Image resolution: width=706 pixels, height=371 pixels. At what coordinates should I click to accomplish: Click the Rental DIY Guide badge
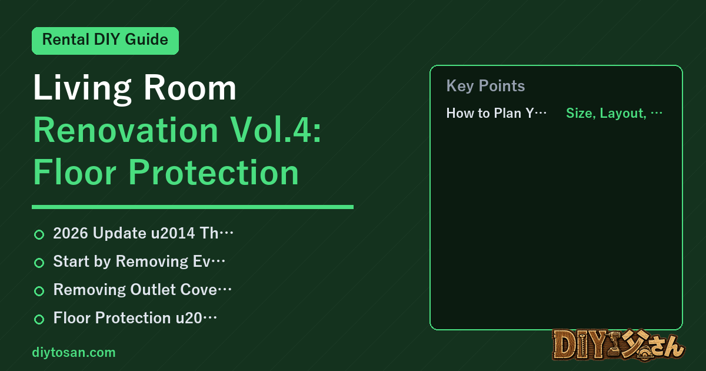[x=105, y=41]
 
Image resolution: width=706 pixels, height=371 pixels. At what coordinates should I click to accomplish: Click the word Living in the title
[x=82, y=88]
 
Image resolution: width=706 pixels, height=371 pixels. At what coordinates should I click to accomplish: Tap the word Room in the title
[x=189, y=88]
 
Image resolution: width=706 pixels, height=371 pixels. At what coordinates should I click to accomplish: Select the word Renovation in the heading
[x=126, y=130]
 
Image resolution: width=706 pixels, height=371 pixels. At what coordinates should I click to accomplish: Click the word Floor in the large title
[x=75, y=172]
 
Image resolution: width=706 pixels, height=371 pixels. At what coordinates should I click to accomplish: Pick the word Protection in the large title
[x=214, y=172]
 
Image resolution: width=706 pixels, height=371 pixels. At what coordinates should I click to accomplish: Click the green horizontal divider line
[x=192, y=207]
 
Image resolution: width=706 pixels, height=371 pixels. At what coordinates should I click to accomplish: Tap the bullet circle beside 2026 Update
[x=39, y=234]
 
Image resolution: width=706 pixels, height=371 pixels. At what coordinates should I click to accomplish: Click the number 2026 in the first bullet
[x=71, y=233]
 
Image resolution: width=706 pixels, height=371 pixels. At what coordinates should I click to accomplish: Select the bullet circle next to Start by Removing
[x=39, y=263]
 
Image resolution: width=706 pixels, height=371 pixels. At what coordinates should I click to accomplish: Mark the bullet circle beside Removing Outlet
[x=39, y=291]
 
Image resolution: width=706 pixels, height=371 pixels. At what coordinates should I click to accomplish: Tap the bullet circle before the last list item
[x=39, y=319]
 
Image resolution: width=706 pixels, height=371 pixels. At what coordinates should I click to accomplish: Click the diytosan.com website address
[x=74, y=352]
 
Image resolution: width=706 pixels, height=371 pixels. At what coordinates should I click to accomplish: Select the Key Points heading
[x=485, y=86]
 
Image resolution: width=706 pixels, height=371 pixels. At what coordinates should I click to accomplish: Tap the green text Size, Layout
[x=606, y=113]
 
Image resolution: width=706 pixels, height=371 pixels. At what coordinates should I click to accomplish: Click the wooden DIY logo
[x=618, y=345]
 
